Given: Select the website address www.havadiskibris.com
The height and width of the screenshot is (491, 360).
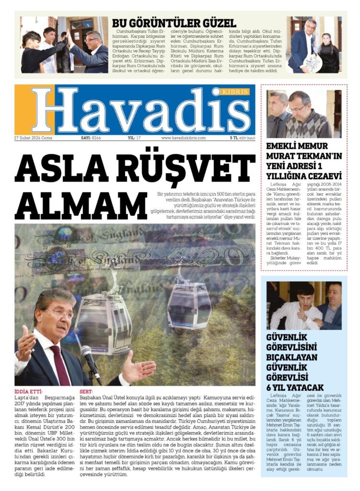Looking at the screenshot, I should pos(183,138).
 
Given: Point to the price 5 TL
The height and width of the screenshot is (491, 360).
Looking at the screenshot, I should pos(233,138).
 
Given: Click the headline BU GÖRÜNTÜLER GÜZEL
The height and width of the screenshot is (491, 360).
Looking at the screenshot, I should pos(174,23).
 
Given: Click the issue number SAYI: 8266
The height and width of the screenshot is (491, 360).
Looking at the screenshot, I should pos(91,138).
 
